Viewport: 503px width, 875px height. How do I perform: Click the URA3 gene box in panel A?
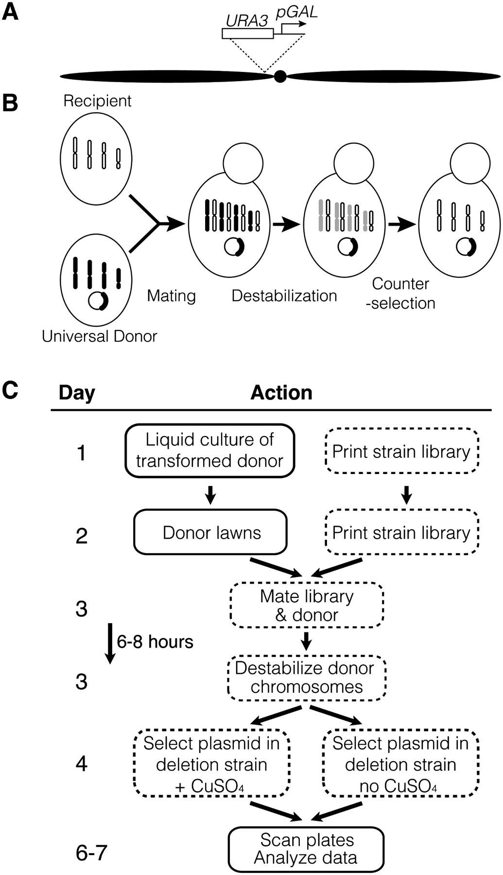(x=247, y=34)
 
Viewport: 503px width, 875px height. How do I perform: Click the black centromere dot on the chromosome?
(x=280, y=76)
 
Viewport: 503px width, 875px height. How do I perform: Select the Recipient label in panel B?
(x=97, y=101)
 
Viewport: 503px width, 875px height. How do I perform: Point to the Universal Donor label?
(x=100, y=336)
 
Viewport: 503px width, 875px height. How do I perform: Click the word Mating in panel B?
(x=171, y=296)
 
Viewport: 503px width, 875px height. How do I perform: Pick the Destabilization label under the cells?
(x=284, y=296)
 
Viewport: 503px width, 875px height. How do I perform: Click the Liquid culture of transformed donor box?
(x=210, y=450)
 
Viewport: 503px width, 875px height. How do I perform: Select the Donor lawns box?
(x=210, y=532)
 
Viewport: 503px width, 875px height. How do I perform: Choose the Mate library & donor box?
(x=306, y=605)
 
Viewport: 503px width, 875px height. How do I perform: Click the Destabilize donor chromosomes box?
(x=306, y=677)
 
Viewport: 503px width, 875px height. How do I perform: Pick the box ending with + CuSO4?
(x=211, y=764)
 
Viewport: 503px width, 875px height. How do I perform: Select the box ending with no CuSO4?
(x=400, y=764)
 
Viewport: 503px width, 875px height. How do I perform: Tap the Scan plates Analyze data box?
(x=306, y=849)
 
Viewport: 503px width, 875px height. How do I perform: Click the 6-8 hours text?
(x=155, y=642)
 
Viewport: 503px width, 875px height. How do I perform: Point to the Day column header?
(x=77, y=392)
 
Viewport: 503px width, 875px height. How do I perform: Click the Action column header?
(x=281, y=392)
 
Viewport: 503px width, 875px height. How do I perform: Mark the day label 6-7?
(x=91, y=853)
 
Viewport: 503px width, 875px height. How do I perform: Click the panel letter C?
(x=10, y=390)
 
